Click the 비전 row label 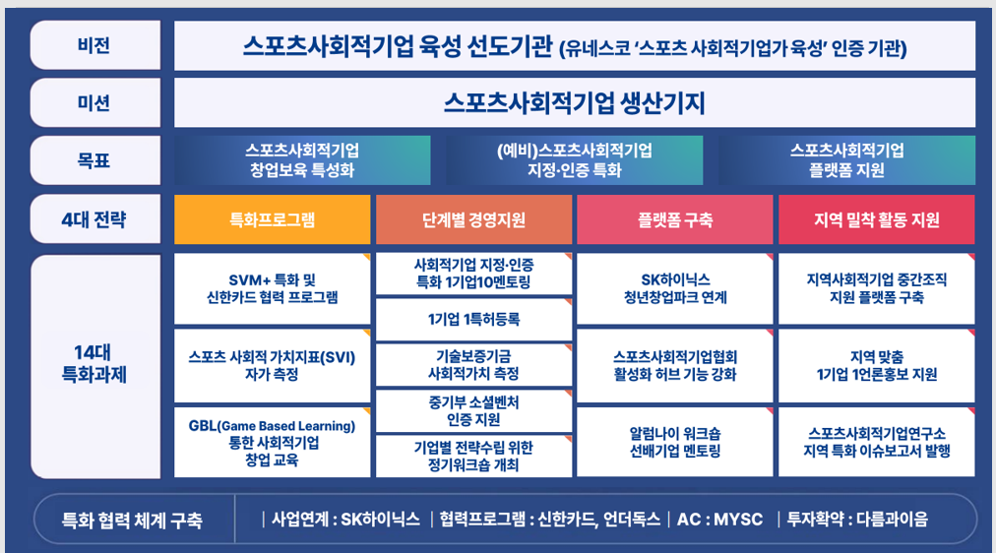coord(95,45)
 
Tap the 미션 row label coord(95,103)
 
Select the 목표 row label coord(95,160)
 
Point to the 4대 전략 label coord(95,219)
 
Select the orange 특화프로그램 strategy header coord(272,219)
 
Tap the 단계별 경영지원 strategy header coord(473,219)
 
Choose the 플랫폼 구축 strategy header coord(674,219)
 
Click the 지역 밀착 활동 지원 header coord(877,219)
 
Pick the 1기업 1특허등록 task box coord(473,320)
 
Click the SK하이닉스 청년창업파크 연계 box coord(674,289)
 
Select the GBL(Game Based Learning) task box coord(272,443)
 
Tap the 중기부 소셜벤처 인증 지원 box coord(473,410)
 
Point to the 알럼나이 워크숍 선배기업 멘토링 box coord(674,443)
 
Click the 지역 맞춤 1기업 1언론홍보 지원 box coord(877,366)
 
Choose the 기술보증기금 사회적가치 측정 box coord(473,365)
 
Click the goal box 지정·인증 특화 coord(574,160)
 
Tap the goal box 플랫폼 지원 coord(846,160)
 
